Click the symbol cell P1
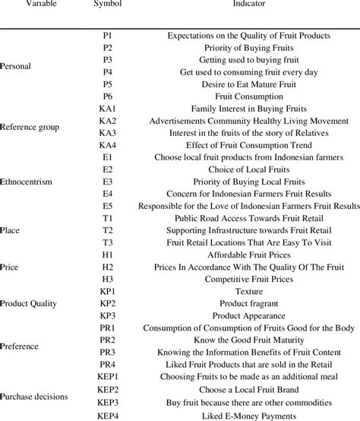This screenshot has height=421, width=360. pos(107,35)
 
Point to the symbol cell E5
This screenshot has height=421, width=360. pos(107,205)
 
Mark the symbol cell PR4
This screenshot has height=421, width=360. pos(107,364)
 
